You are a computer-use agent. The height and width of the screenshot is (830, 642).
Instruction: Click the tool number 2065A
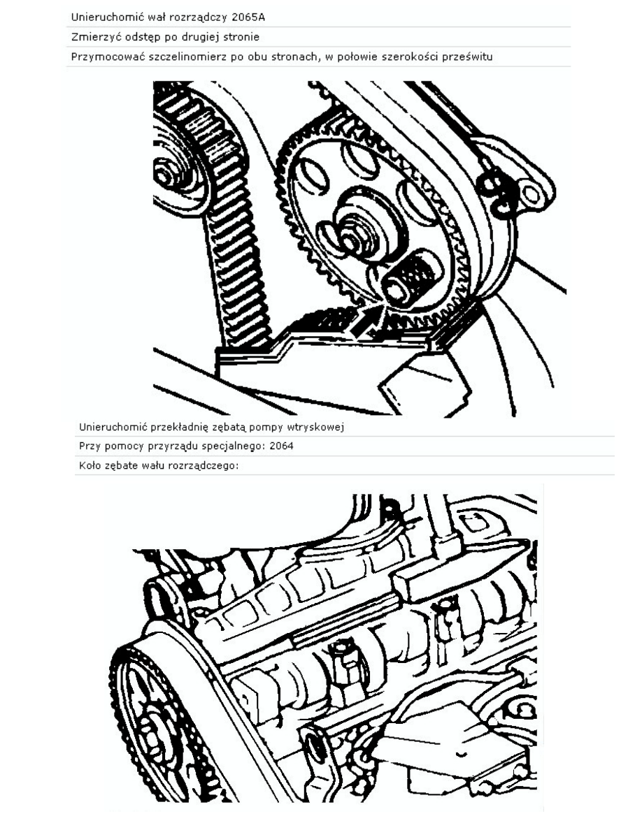(248, 17)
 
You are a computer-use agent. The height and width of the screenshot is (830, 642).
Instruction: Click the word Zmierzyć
(91, 37)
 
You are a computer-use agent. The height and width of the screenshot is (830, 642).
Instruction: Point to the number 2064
(281, 446)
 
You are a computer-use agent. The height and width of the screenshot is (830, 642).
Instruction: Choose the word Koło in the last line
(90, 466)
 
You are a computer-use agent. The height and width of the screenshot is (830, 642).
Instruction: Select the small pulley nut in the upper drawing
(165, 173)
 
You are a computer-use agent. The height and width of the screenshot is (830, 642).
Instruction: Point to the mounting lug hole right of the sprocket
(532, 194)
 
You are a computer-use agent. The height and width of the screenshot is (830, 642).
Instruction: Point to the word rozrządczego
(204, 466)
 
